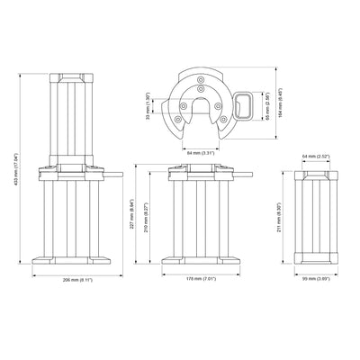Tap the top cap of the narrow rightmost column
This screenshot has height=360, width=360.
(x=319, y=168)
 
